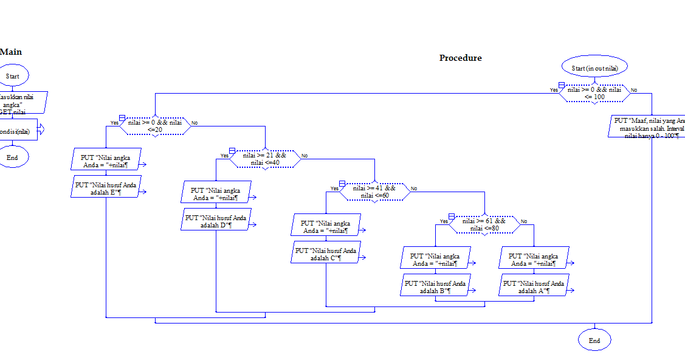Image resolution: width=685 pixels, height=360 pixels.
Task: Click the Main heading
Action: tap(11, 52)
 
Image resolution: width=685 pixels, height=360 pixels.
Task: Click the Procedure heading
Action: tap(460, 58)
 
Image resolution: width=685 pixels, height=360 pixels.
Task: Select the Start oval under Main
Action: tap(12, 76)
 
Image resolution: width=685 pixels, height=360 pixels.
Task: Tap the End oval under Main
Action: tap(12, 157)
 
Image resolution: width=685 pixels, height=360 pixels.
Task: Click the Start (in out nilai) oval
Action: tap(594, 67)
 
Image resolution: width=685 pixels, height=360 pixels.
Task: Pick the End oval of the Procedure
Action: tap(594, 341)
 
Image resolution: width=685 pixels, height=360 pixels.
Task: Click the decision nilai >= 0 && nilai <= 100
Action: tap(594, 93)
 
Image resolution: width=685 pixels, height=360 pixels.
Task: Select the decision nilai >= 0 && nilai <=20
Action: tap(154, 126)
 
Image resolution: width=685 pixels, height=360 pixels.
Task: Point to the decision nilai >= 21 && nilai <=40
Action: tap(265, 159)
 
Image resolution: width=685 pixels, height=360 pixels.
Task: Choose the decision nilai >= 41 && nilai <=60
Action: tap(374, 192)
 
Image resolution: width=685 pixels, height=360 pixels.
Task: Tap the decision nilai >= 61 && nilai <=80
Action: tap(484, 224)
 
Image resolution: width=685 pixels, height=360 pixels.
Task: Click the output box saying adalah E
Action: tap(106, 188)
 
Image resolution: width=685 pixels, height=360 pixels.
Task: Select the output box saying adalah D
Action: tap(216, 221)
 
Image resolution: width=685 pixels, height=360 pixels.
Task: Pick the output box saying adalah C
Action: tap(326, 254)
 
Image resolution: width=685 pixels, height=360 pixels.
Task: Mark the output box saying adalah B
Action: tap(435, 286)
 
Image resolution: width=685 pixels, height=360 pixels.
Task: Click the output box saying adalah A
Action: tap(534, 286)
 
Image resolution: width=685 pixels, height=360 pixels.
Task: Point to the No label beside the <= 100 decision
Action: tap(634, 90)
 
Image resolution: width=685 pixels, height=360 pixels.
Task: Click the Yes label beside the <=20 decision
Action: tap(114, 123)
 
